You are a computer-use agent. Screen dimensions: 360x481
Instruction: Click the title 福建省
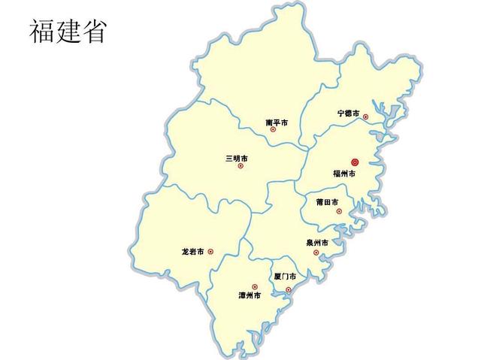tap(68, 32)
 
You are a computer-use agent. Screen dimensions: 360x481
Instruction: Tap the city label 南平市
tap(277, 122)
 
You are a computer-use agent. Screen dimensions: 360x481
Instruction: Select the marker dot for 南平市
tap(273, 129)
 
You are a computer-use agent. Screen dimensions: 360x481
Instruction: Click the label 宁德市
tap(348, 113)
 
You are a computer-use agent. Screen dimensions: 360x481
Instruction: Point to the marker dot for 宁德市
tap(365, 116)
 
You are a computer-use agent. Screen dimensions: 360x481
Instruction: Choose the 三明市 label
tap(236, 159)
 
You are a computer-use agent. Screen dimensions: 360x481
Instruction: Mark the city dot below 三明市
tap(240, 166)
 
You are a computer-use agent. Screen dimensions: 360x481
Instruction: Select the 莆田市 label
tap(327, 202)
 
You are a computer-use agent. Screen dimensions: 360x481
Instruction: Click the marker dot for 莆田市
tap(338, 211)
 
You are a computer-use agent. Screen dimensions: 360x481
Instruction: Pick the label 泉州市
tap(317, 243)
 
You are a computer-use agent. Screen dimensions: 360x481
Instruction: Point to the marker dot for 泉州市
tap(316, 252)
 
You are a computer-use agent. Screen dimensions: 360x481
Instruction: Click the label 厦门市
tap(285, 277)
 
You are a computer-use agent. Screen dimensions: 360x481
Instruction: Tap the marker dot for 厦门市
tap(288, 289)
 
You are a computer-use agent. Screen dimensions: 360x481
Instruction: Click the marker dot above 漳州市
tap(255, 286)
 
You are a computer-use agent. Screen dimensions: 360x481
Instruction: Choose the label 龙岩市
tap(193, 252)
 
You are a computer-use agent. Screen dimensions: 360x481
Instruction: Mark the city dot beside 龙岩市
tap(210, 252)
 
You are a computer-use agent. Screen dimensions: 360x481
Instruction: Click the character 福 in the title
tap(42, 32)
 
